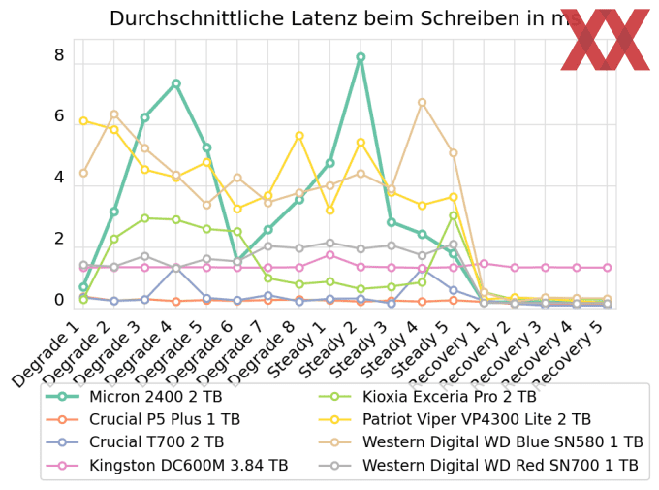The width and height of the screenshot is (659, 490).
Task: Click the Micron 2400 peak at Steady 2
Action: pyautogui.click(x=361, y=57)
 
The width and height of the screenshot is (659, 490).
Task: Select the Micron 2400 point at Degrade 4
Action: pyautogui.click(x=175, y=83)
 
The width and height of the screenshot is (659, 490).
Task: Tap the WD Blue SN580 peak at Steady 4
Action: pyautogui.click(x=422, y=102)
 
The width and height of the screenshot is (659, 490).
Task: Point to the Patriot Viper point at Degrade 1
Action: pyautogui.click(x=83, y=120)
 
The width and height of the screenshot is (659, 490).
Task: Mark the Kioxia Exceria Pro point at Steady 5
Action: pyautogui.click(x=453, y=215)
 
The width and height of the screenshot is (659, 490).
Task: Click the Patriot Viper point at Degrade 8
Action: pyautogui.click(x=299, y=136)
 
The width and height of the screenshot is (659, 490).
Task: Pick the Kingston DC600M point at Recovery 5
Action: pyautogui.click(x=607, y=267)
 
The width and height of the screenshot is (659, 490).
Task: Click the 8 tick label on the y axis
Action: pyautogui.click(x=59, y=55)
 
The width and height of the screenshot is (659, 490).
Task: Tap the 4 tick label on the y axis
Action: pyautogui.click(x=59, y=178)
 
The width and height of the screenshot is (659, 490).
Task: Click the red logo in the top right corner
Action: pyautogui.click(x=605, y=39)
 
